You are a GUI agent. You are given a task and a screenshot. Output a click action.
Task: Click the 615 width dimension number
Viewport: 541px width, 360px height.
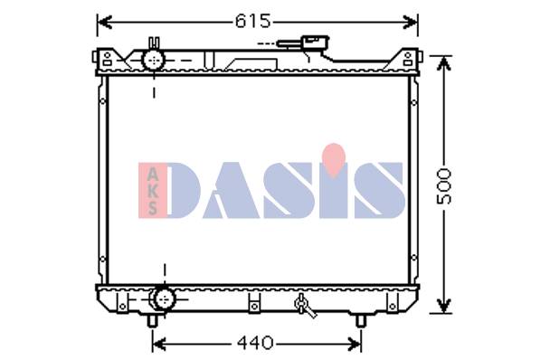253,22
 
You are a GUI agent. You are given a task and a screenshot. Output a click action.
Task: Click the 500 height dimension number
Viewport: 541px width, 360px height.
444,186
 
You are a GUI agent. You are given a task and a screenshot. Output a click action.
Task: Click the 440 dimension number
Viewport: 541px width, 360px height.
255,343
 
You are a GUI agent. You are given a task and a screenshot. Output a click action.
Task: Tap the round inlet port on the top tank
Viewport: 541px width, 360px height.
153,60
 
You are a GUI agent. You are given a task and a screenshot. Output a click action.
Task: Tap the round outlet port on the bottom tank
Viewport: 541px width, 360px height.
165,298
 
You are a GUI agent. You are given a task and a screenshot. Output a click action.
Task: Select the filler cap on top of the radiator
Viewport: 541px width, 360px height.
315,43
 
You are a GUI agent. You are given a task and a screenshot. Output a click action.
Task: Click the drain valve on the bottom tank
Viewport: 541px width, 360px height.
304,305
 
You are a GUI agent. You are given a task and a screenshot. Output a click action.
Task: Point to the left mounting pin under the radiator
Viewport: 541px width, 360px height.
152,321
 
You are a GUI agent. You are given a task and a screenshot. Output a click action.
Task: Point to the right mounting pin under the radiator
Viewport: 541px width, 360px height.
360,321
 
